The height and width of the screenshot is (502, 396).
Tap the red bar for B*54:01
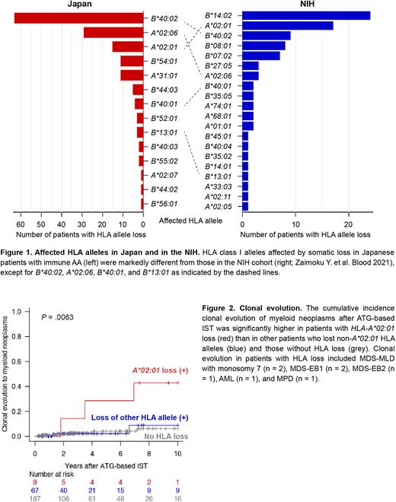(x=132, y=61)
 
